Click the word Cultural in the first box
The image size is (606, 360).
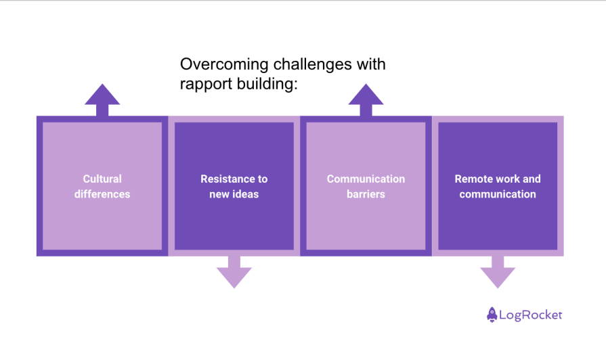click(x=102, y=179)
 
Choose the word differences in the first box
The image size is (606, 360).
click(x=102, y=194)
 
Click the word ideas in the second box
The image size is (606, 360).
click(x=246, y=194)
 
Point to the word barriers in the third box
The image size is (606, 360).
click(x=366, y=194)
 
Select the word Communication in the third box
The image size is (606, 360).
click(x=366, y=179)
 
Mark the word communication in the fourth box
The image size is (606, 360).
click(x=498, y=194)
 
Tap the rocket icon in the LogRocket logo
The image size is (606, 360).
click(x=492, y=315)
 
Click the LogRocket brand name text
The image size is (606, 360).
click(x=531, y=315)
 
